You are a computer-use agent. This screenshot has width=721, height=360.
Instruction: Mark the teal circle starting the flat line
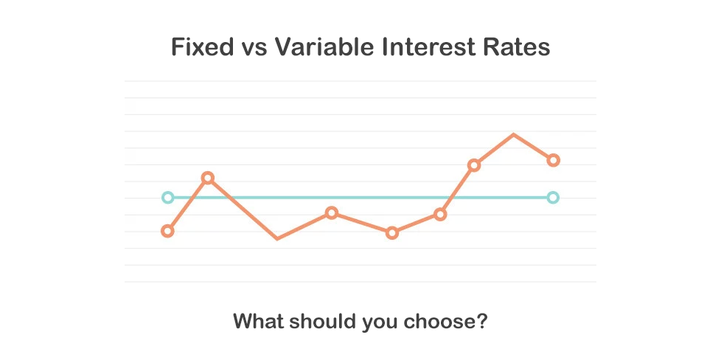click(167, 198)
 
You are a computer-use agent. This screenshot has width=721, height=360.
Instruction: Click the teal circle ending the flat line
click(554, 198)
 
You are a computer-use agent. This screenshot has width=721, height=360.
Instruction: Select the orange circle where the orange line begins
click(167, 231)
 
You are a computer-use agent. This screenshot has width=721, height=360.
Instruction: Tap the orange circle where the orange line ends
click(554, 160)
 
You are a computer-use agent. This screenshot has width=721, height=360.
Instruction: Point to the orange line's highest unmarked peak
click(513, 135)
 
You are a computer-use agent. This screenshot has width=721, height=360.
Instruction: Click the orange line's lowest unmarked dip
click(276, 238)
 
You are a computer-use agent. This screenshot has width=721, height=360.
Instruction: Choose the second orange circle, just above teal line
click(208, 178)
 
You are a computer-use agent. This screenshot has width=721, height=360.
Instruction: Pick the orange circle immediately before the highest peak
click(474, 165)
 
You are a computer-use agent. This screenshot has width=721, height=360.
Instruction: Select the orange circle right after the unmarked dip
click(332, 213)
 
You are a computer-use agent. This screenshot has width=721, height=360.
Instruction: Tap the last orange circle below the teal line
click(440, 215)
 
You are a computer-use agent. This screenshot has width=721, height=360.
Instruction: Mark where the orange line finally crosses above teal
click(451, 198)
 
